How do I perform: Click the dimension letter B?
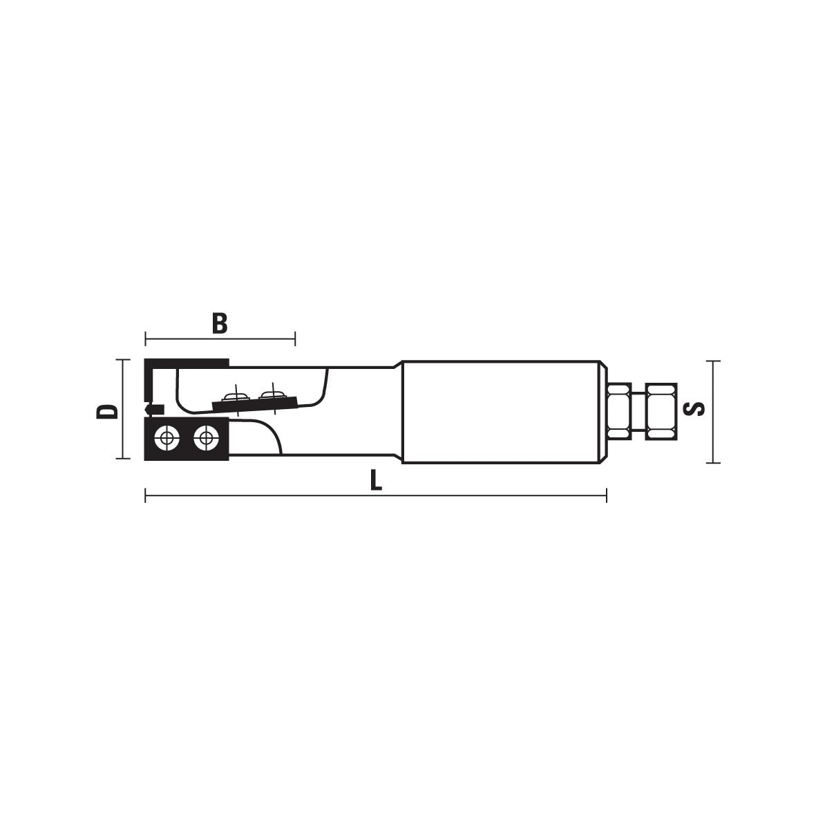click(x=220, y=323)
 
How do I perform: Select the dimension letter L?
click(x=376, y=480)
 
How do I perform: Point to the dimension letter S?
click(x=694, y=409)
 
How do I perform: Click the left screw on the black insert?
click(x=167, y=438)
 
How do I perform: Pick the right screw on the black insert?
click(x=206, y=438)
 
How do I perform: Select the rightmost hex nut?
click(x=661, y=411)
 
